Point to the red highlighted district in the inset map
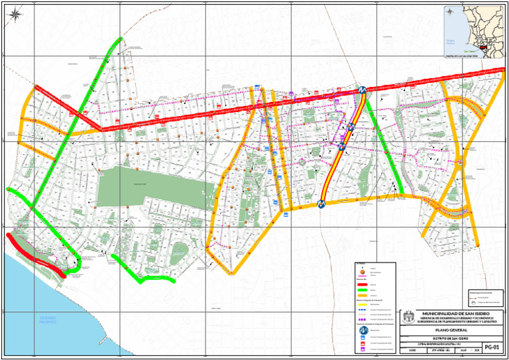(489, 48)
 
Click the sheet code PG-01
(491, 346)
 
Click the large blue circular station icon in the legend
(363, 330)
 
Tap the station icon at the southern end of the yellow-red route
(321, 204)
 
